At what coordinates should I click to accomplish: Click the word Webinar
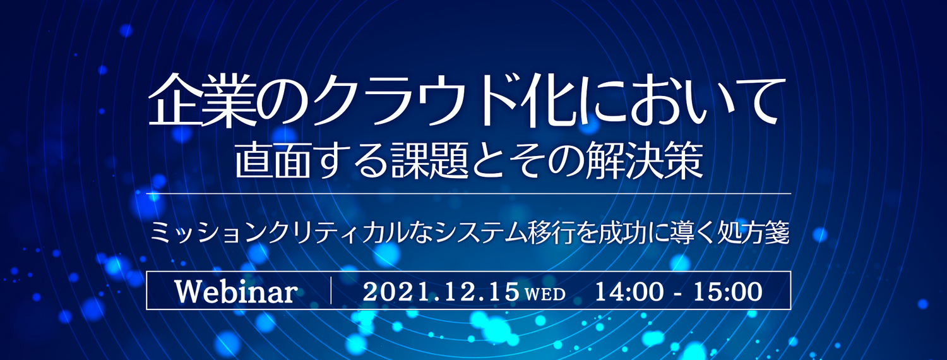(236, 291)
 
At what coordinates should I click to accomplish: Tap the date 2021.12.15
(441, 292)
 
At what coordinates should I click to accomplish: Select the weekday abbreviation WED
(545, 294)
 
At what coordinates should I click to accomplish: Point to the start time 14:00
(629, 292)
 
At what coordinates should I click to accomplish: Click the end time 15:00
(727, 292)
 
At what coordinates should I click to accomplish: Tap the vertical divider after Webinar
(331, 290)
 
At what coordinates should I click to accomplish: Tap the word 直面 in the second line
(271, 161)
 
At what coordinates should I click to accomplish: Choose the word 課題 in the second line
(430, 161)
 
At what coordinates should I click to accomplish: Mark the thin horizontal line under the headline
(468, 193)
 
